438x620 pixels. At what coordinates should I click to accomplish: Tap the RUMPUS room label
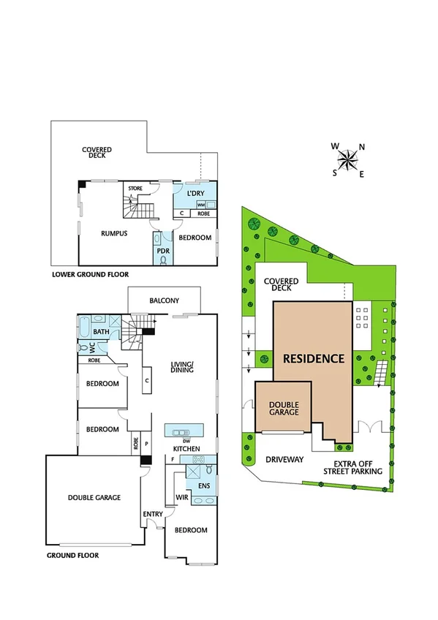coord(114,234)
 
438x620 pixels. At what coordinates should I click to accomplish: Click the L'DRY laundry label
coord(195,193)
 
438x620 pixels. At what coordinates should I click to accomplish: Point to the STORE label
coord(135,189)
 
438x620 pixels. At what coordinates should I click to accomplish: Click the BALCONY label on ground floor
coord(164,300)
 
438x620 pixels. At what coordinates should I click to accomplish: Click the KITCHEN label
coord(186,448)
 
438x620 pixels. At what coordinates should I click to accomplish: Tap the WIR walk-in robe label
coord(182,499)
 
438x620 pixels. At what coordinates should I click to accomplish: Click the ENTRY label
coord(153,515)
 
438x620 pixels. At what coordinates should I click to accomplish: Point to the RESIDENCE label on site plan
coord(313,359)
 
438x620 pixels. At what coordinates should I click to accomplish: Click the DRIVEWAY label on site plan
coord(284,460)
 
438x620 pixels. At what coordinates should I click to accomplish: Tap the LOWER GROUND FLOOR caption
coord(90,275)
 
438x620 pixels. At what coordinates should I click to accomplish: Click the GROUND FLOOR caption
coord(72,556)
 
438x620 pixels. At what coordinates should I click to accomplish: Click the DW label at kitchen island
coord(187,440)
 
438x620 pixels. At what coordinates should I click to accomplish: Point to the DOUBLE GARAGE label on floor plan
coord(94,497)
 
